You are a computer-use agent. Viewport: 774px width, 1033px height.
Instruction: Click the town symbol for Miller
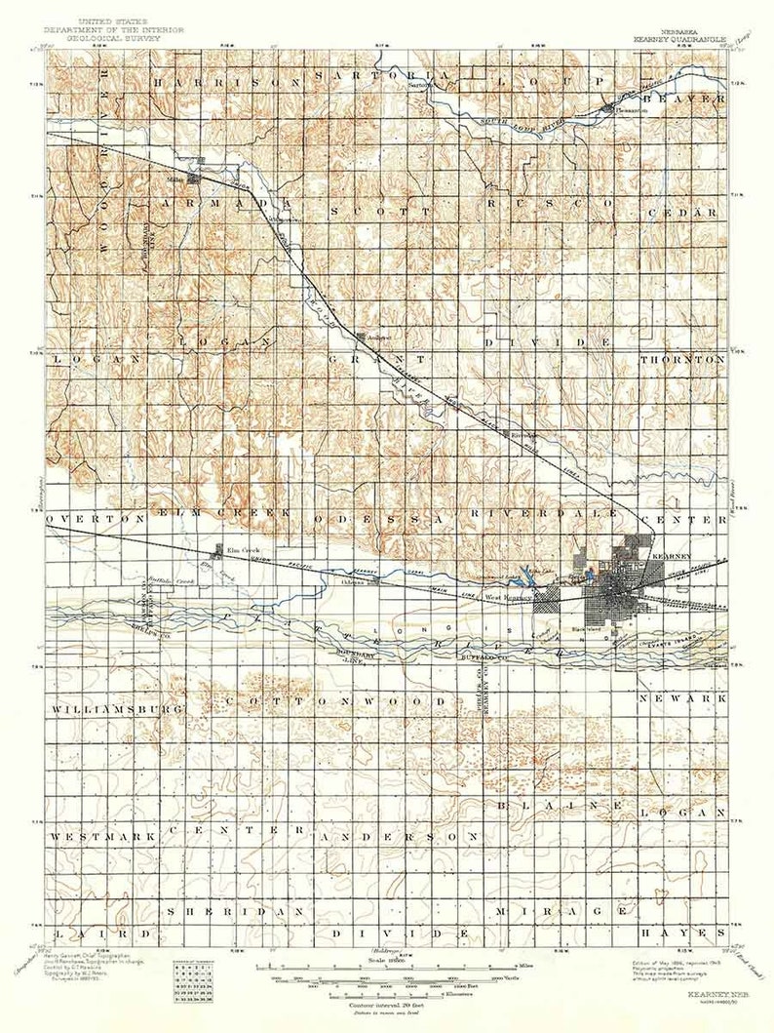point(194,179)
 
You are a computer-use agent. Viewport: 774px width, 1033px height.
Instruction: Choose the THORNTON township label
point(683,359)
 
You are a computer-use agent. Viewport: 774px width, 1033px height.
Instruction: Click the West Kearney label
point(509,598)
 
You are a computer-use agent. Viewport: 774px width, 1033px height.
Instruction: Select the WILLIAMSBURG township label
point(118,708)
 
